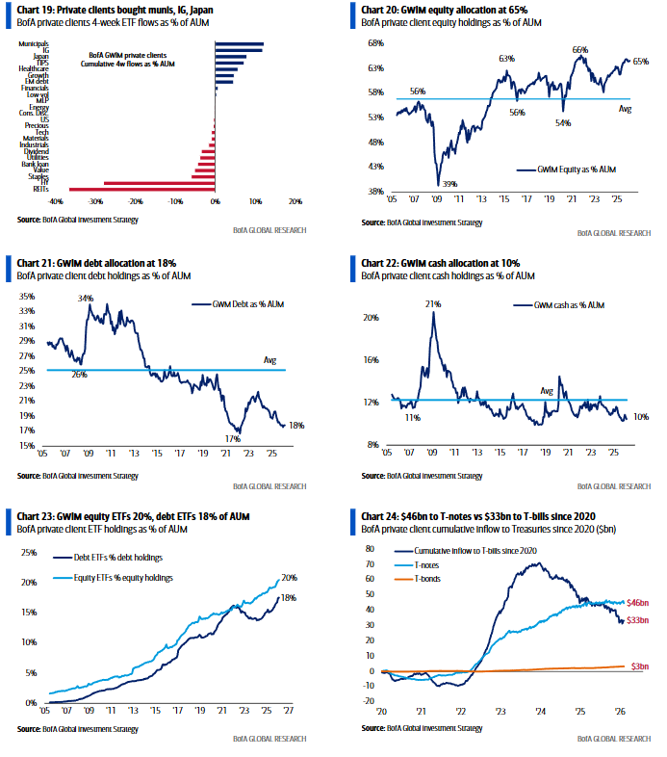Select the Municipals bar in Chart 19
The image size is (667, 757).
pyautogui.click(x=239, y=44)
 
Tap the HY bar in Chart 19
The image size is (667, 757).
pyautogui.click(x=159, y=182)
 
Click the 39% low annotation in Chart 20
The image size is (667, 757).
pyautogui.click(x=446, y=183)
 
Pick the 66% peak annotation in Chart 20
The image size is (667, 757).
pyautogui.click(x=579, y=49)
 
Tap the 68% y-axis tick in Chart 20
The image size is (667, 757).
pyautogui.click(x=375, y=43)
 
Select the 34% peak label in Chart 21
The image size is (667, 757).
pyautogui.click(x=86, y=298)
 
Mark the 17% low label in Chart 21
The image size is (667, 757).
pyautogui.click(x=233, y=438)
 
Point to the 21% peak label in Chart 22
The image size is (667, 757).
pyautogui.click(x=433, y=304)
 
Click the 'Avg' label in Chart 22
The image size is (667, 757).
pyautogui.click(x=547, y=391)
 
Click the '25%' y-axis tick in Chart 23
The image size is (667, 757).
pyautogui.click(x=29, y=553)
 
